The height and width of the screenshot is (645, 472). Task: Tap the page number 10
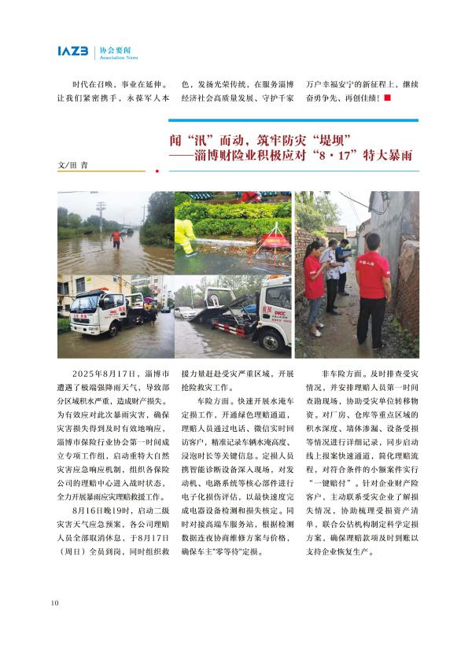(54, 603)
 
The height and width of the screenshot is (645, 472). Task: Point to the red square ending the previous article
(386, 98)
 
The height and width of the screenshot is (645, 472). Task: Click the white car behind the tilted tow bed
(186, 311)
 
